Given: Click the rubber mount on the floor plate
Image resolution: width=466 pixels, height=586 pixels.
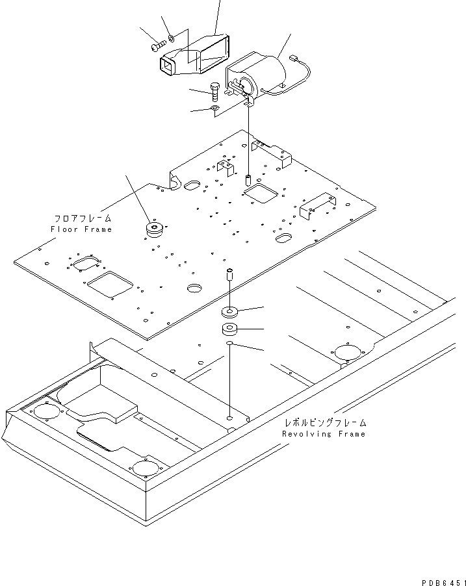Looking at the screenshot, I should point(155,230).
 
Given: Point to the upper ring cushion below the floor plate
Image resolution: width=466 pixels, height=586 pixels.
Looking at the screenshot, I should point(230,311).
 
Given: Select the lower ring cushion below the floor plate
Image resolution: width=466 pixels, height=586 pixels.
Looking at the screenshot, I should point(230,328).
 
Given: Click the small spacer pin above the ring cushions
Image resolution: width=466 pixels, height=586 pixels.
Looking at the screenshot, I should point(229,275).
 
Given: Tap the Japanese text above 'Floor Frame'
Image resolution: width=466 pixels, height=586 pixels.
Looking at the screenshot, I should point(82,219).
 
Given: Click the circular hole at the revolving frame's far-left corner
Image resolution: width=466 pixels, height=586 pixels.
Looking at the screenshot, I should point(44,413).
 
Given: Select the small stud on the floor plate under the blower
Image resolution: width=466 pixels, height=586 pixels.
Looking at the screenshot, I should point(248,179).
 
